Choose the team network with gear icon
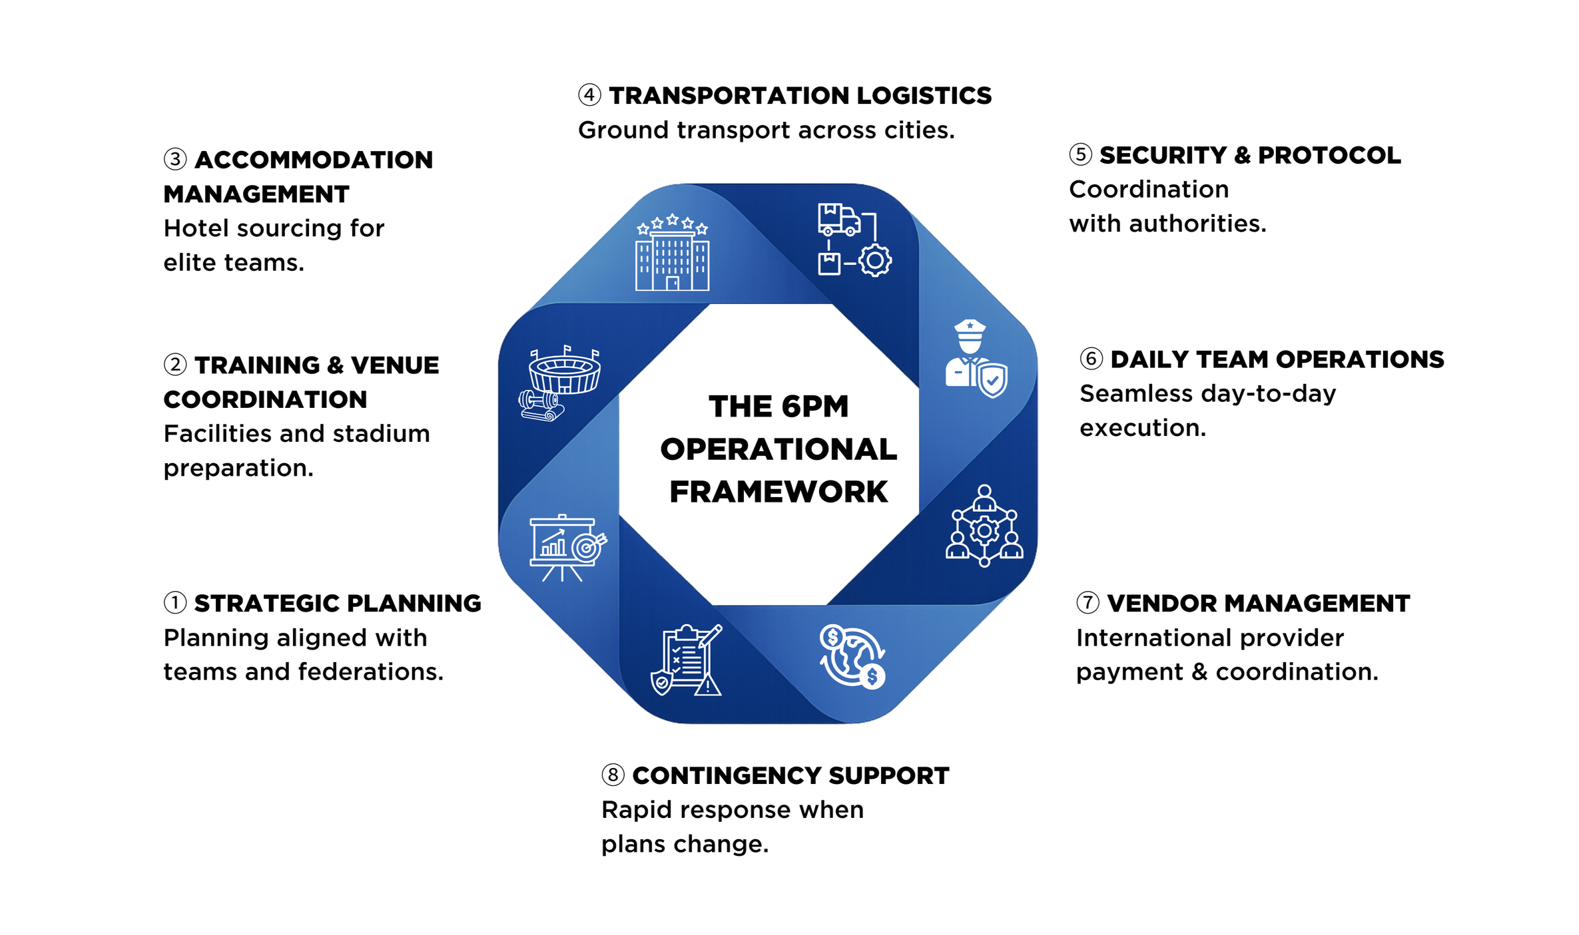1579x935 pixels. pos(984,526)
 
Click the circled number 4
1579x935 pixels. pos(589,95)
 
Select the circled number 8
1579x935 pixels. pos(613,775)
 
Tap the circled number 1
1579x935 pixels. pos(174,603)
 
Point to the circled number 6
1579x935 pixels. pos(1091,359)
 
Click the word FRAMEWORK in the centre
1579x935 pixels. pos(778,492)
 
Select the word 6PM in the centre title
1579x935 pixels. pos(815,407)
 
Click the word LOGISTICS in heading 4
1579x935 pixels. pos(924,96)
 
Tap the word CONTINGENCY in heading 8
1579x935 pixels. pos(726,776)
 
